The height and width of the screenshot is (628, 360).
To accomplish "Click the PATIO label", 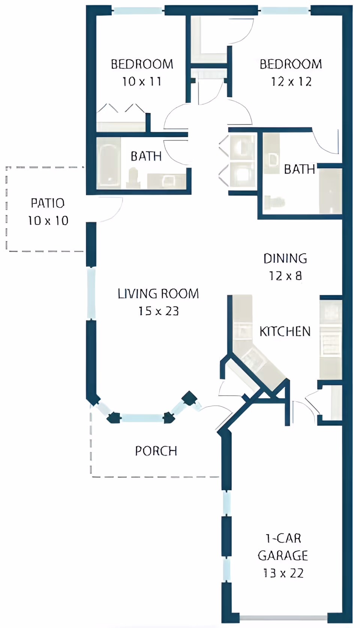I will pyautogui.click(x=48, y=203).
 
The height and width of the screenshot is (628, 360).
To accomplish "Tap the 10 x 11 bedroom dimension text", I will pyautogui.click(x=142, y=81).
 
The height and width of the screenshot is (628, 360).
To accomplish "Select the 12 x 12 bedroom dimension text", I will pyautogui.click(x=291, y=81).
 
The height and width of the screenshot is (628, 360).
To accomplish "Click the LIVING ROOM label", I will pyautogui.click(x=158, y=294).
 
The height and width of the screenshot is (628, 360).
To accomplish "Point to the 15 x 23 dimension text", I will pyautogui.click(x=159, y=311).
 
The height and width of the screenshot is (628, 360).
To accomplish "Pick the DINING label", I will pyautogui.click(x=285, y=259).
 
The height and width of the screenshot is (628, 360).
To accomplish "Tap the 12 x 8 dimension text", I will pyautogui.click(x=285, y=276).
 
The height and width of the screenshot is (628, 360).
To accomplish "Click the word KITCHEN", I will pyautogui.click(x=285, y=332).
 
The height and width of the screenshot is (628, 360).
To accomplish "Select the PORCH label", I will pyautogui.click(x=156, y=451).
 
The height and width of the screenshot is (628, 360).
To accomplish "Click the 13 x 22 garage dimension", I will pyautogui.click(x=283, y=573).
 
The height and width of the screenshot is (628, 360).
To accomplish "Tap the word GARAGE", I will pyautogui.click(x=283, y=555).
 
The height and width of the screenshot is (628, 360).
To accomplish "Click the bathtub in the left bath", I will pyautogui.click(x=109, y=163).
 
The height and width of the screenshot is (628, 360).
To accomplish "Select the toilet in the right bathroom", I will pyautogui.click(x=273, y=202).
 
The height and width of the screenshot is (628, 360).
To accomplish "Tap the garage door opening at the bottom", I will pyautogui.click(x=283, y=618).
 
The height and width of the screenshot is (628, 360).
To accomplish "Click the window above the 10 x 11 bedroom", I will pyautogui.click(x=138, y=10).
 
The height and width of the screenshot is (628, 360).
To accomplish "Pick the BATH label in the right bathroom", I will pyautogui.click(x=299, y=169).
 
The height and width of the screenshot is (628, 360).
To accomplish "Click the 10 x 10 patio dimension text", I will pyautogui.click(x=48, y=221).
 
